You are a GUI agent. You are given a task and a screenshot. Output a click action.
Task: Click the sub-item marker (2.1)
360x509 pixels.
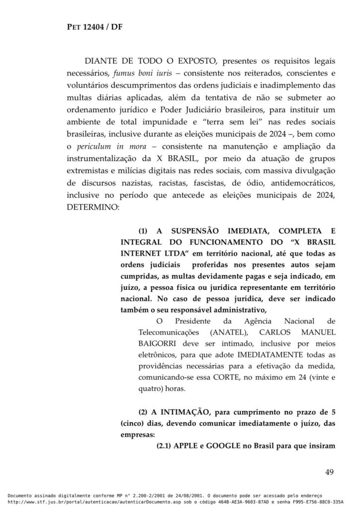(167, 445)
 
